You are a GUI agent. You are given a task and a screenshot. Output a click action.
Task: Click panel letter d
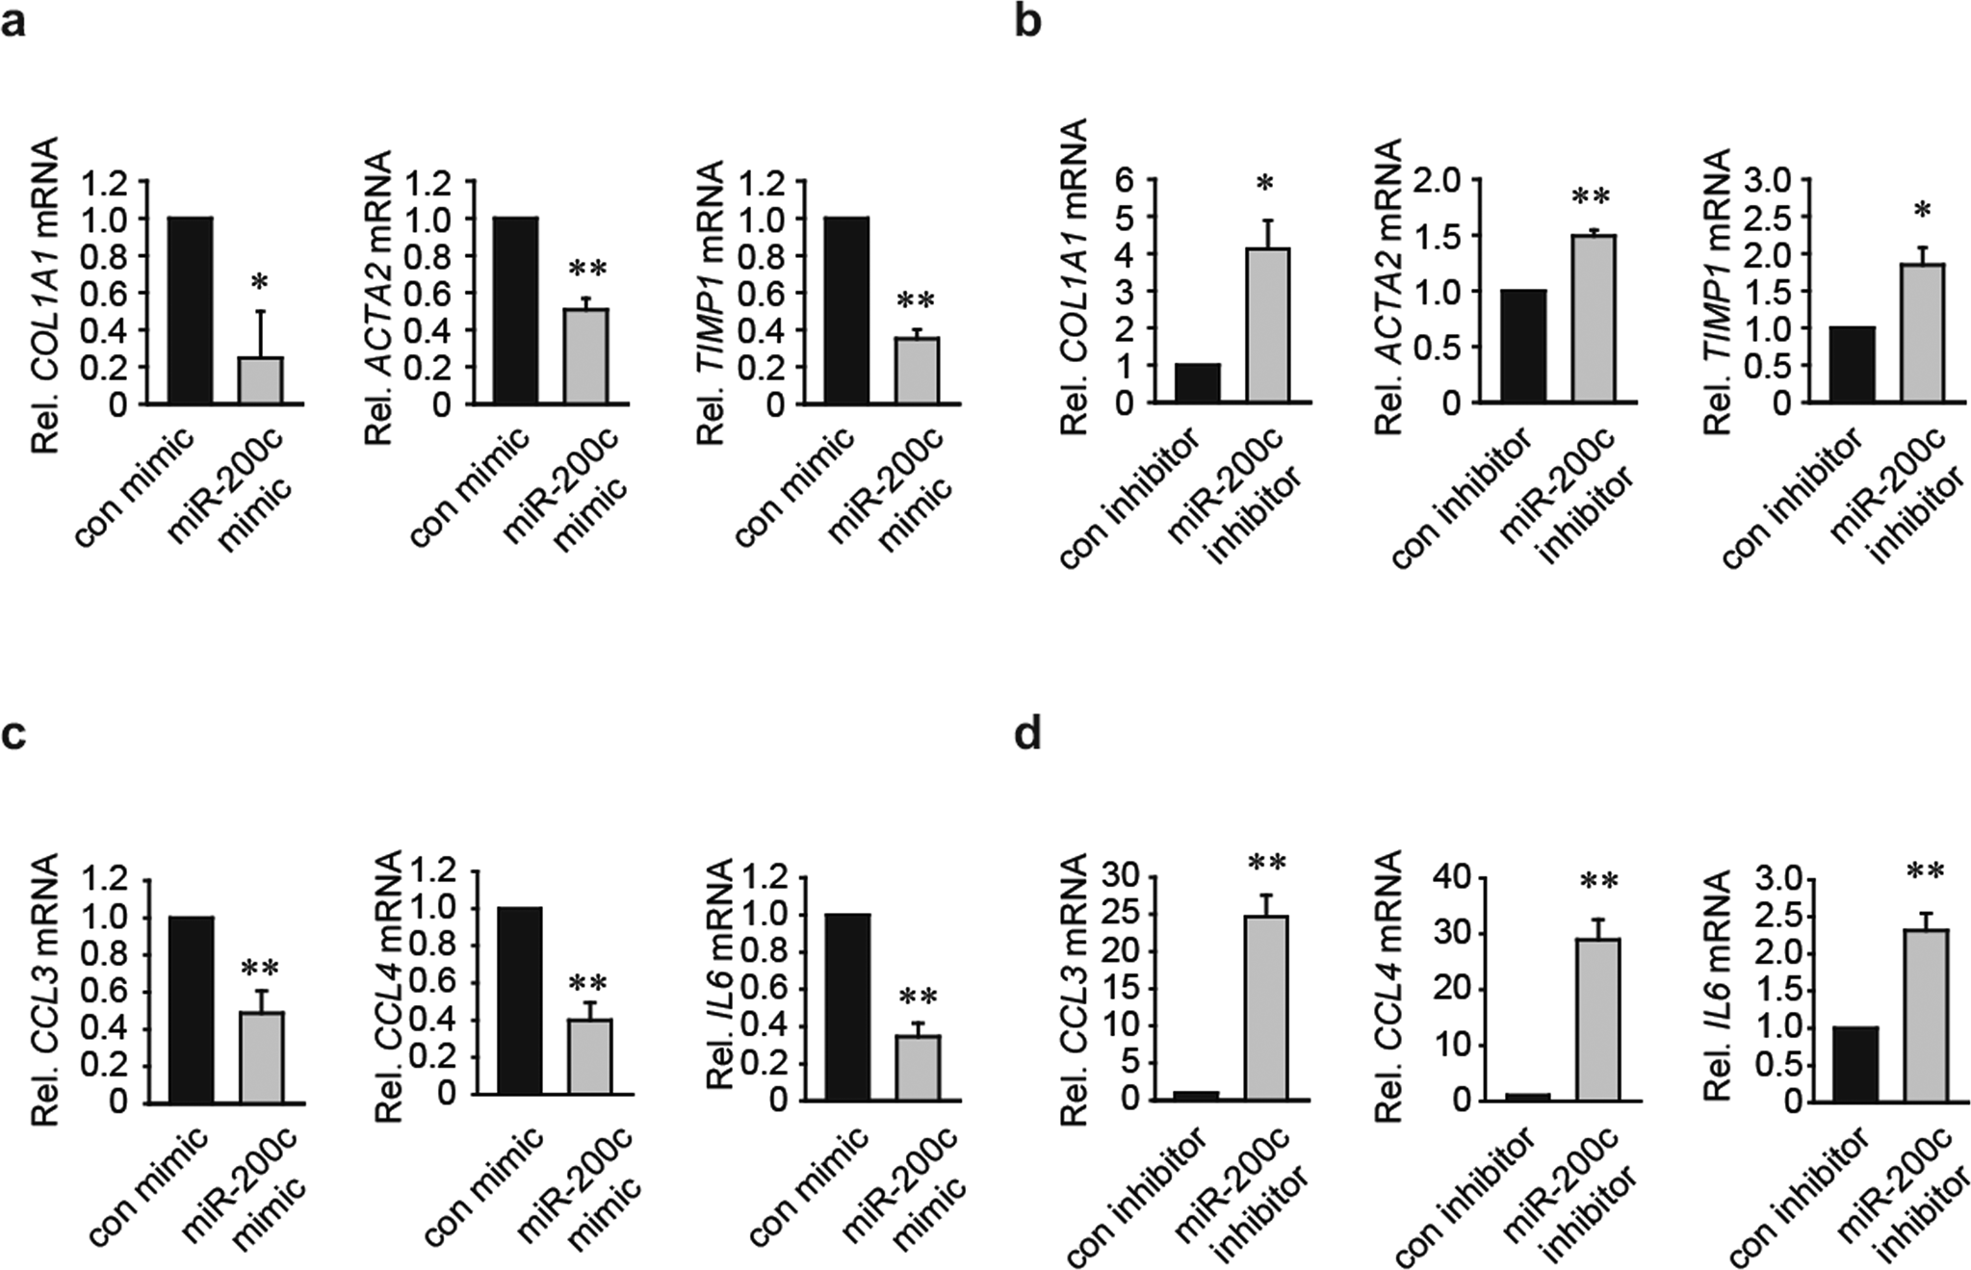[x=1028, y=736]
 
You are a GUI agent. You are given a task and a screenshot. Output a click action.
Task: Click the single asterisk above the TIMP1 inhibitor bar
[x=1922, y=210]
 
